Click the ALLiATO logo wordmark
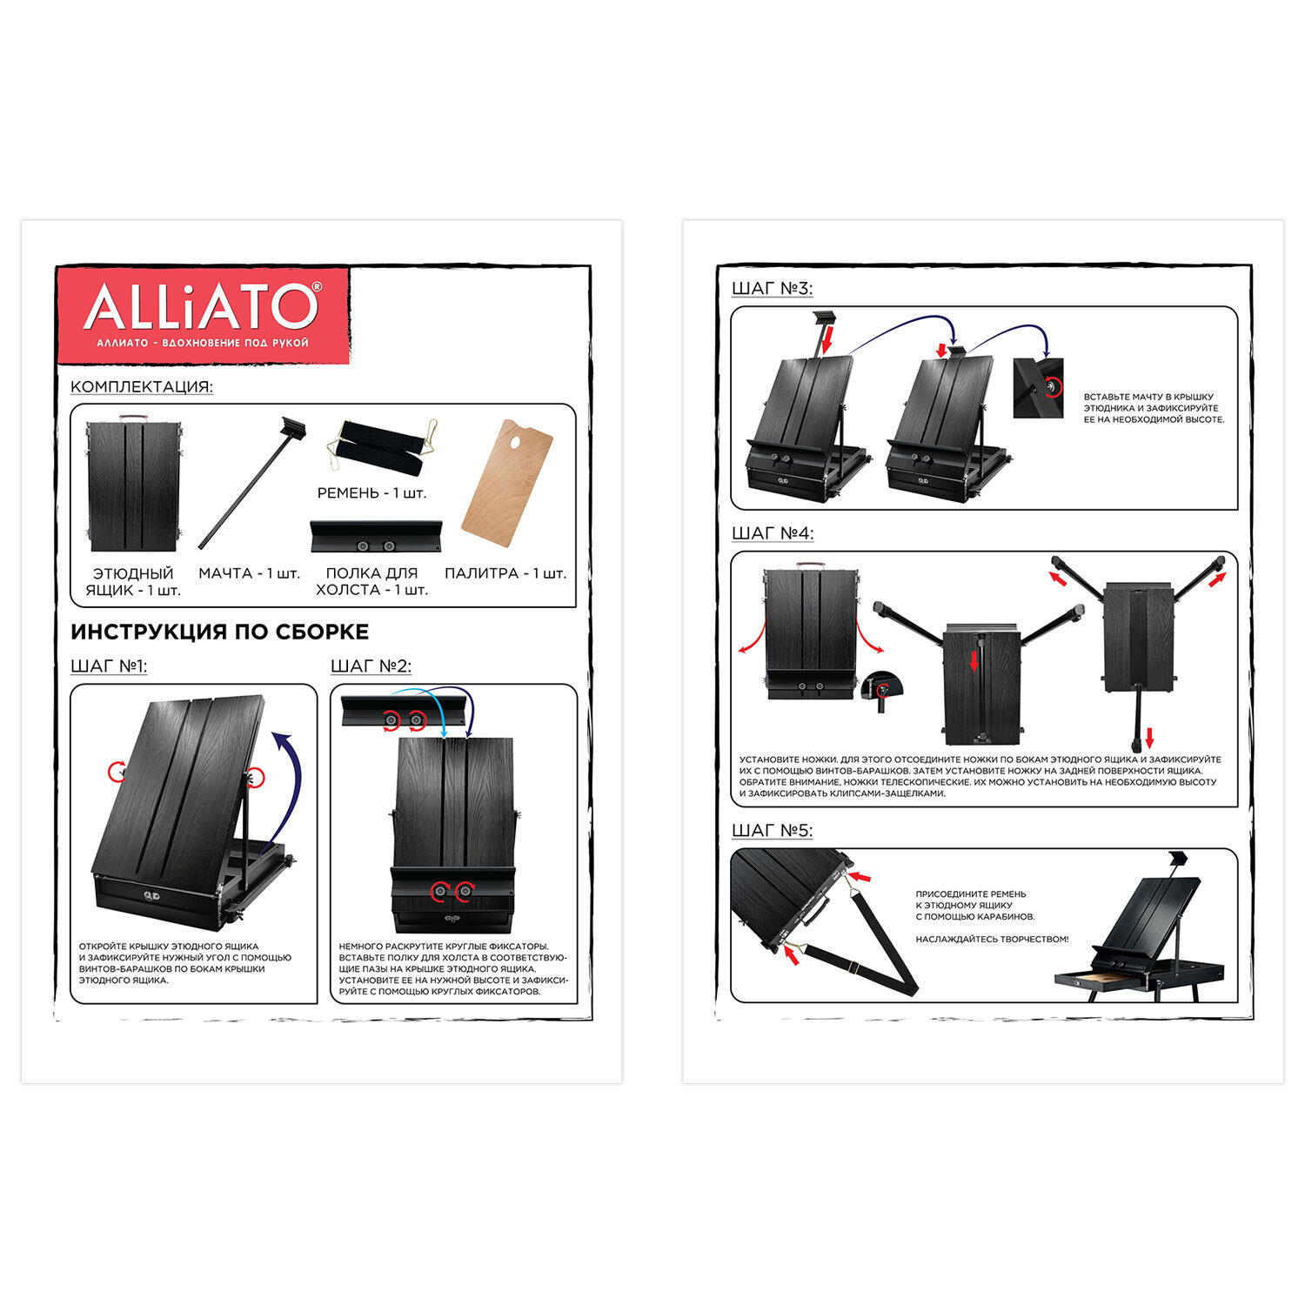[202, 306]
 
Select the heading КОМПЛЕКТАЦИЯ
[142, 387]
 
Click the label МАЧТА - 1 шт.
[249, 573]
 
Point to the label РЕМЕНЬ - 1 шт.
[371, 493]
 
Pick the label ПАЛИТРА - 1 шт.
[505, 573]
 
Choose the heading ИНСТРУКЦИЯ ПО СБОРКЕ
[220, 632]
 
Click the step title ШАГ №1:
[109, 666]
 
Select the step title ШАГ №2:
[371, 666]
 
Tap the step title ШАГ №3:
[773, 289]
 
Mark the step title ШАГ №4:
[773, 533]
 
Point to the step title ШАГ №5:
[773, 831]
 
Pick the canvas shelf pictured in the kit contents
[376, 537]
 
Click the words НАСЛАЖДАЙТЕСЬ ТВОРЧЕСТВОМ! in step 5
[992, 940]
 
